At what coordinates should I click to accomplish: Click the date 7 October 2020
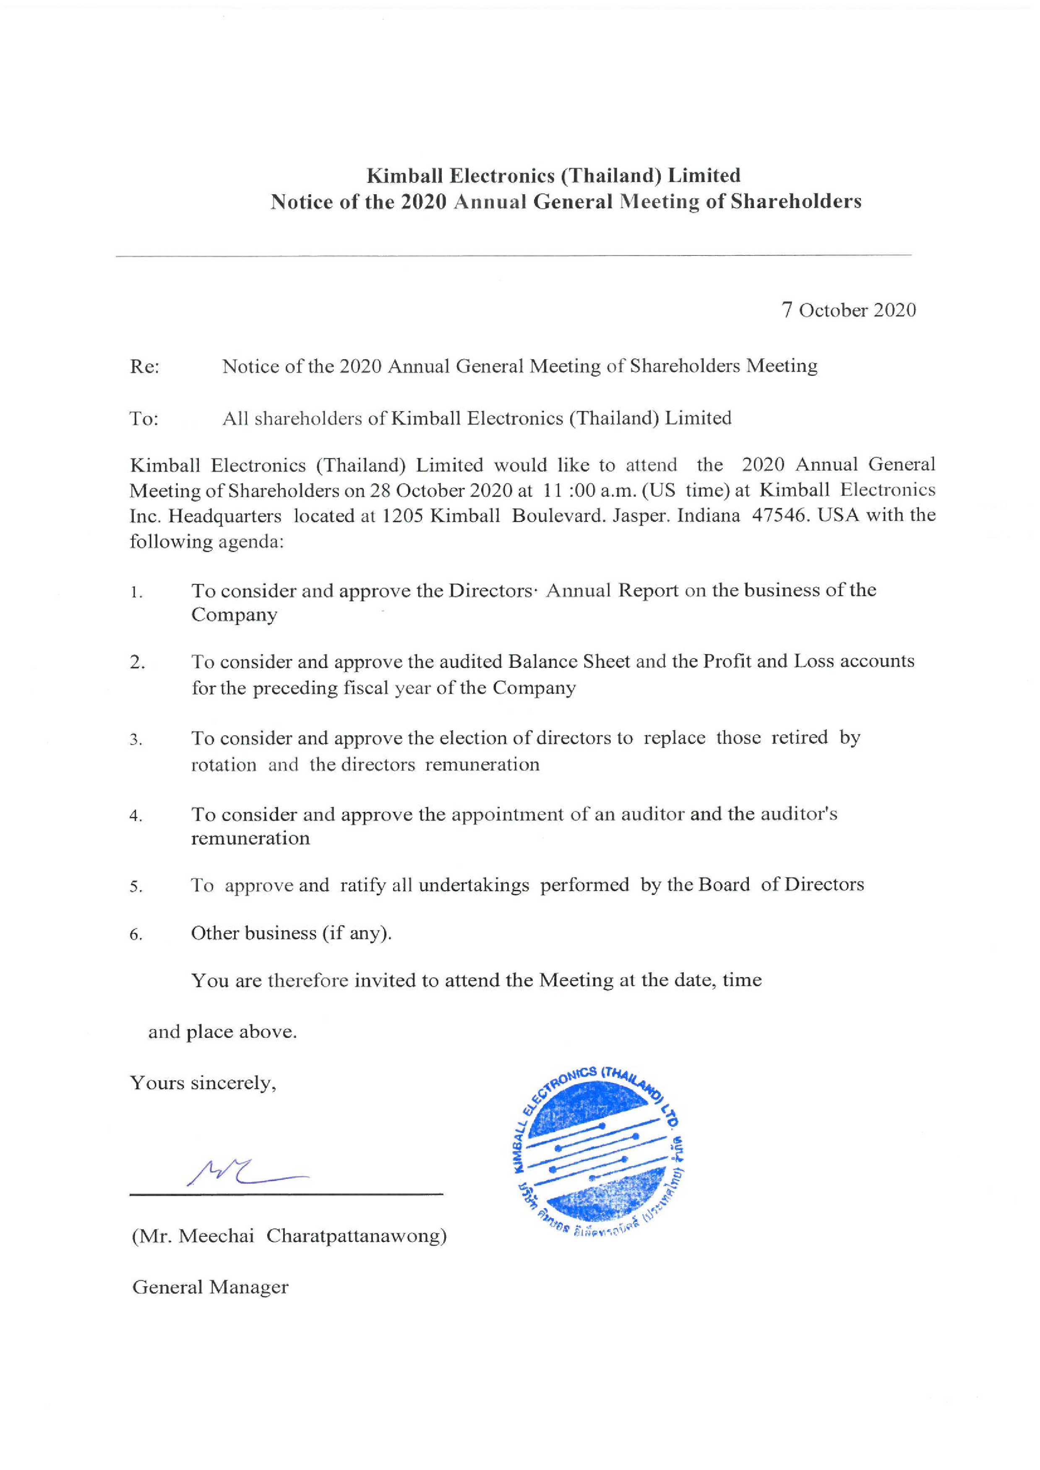849,310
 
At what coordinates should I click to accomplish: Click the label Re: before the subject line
145,367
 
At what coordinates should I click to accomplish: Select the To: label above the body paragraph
144,419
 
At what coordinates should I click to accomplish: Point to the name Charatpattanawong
356,1235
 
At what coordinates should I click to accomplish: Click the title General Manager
210,1288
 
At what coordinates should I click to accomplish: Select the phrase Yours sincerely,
203,1083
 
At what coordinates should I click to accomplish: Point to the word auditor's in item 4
799,814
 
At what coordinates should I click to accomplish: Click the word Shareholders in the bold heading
796,202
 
